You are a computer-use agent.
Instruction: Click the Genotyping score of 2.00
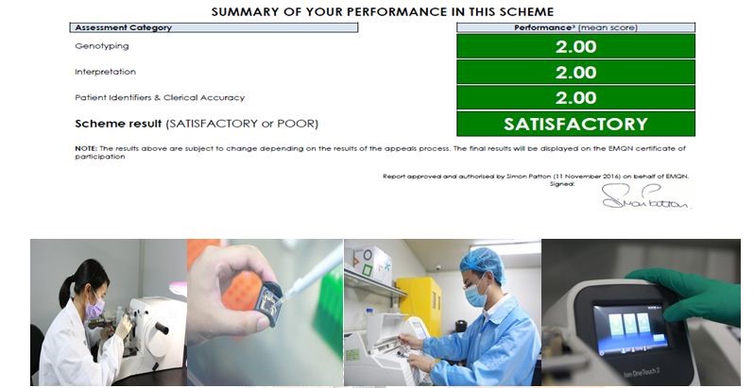point(575,46)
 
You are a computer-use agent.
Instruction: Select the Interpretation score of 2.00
point(575,73)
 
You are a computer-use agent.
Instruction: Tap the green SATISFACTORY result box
point(575,124)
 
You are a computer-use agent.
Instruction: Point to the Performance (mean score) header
point(575,27)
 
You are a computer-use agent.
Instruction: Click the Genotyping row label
point(102,46)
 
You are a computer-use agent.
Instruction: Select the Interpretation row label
point(105,72)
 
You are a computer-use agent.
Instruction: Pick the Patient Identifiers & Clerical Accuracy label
point(160,97)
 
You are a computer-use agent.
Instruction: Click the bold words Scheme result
point(118,124)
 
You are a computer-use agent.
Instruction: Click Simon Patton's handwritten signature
point(645,197)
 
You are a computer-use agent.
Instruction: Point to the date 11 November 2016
point(587,177)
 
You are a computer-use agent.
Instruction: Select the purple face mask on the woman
point(94,308)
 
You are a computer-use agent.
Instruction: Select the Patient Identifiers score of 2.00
point(575,98)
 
